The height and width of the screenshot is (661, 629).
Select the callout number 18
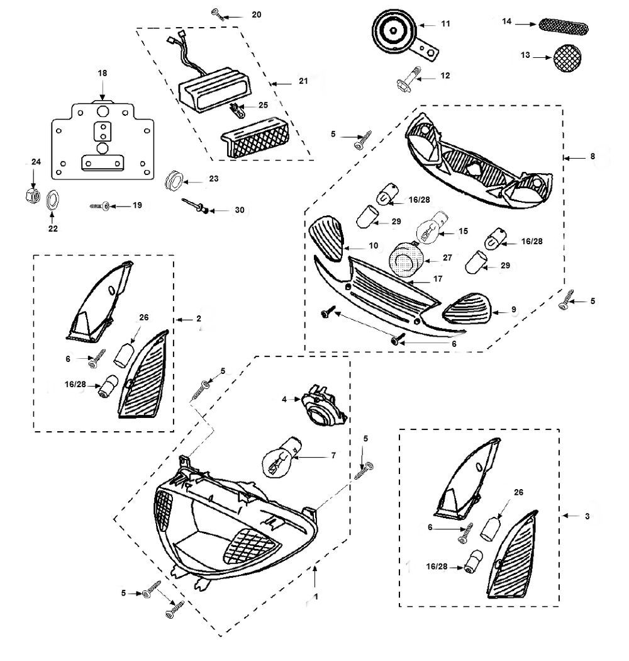(x=102, y=74)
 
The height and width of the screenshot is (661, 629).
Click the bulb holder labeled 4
(x=323, y=404)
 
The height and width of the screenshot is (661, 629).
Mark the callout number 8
(x=592, y=157)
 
